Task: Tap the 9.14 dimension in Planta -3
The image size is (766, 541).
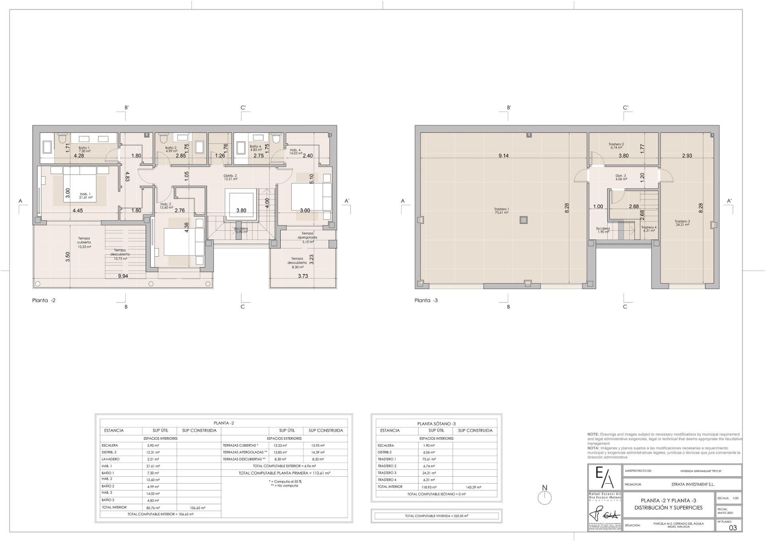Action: tap(503, 156)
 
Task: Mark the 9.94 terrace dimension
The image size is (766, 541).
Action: tap(123, 276)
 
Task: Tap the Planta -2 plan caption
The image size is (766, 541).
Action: tap(44, 300)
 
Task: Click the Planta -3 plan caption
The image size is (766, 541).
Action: tap(426, 300)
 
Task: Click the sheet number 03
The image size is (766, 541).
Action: tap(733, 527)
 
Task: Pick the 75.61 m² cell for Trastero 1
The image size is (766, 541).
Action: tap(429, 459)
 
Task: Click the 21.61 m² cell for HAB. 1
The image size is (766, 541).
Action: tap(153, 466)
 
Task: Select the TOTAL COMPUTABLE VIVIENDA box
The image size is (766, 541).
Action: tap(436, 516)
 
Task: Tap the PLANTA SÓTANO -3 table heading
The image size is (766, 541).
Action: tap(436, 424)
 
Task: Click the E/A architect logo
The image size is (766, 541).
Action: tap(604, 477)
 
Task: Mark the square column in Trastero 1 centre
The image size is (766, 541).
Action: tap(524, 220)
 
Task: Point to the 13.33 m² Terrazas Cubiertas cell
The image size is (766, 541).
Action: tap(280, 445)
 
